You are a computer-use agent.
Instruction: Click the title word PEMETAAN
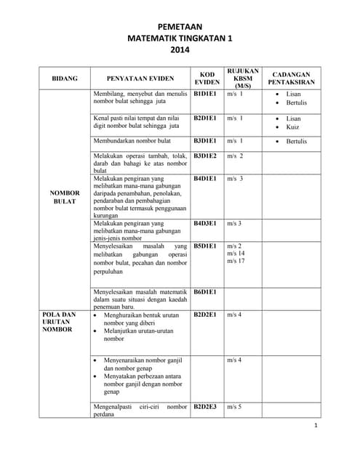coord(180,27)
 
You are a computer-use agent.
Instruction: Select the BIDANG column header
coord(65,77)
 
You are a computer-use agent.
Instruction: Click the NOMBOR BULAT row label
coord(65,197)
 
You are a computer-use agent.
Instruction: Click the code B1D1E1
coord(206,94)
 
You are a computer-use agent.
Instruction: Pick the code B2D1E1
coord(206,118)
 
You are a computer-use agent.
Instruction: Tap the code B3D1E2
coord(206,156)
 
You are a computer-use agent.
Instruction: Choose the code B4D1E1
coord(206,178)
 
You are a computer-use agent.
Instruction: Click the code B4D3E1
coord(206,224)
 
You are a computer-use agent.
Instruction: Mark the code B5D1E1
coord(206,246)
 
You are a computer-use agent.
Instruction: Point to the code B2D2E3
coord(206,407)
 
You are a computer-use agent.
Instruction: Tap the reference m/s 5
coord(234,407)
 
